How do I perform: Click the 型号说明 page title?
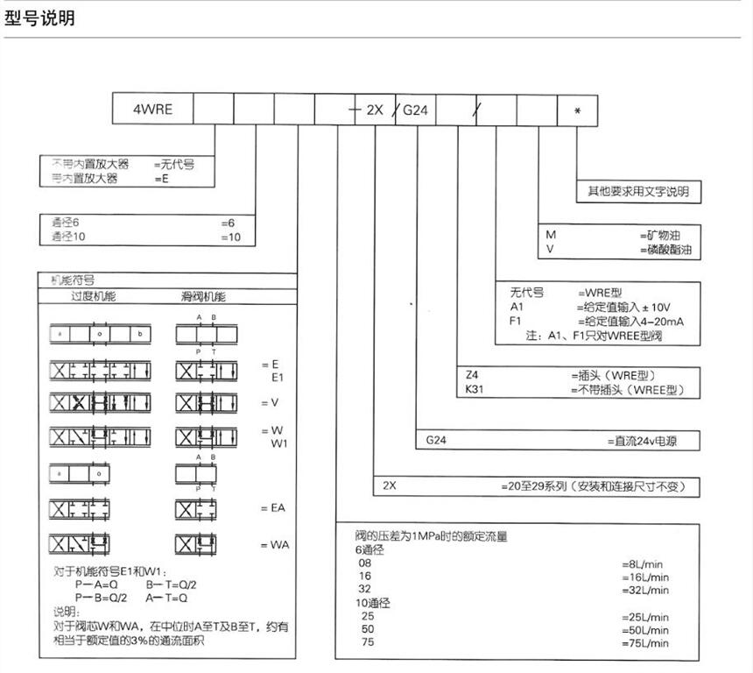(x=40, y=18)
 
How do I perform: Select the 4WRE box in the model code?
(x=152, y=110)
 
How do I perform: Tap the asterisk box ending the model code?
(x=577, y=110)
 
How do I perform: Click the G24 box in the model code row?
(x=415, y=110)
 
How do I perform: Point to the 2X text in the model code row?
(x=375, y=110)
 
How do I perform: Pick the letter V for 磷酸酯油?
(x=551, y=250)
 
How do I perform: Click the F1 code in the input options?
(x=516, y=322)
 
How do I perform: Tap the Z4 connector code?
(x=473, y=375)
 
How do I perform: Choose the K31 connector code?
(x=476, y=389)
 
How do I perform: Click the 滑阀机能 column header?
(x=202, y=297)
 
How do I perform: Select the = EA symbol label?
(x=273, y=508)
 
